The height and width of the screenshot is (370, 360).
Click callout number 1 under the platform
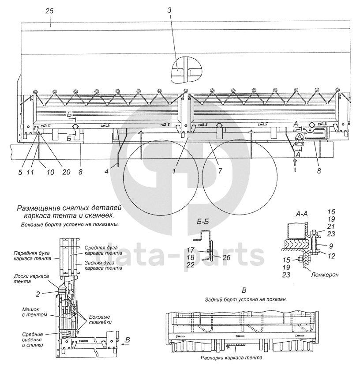tap(176, 169)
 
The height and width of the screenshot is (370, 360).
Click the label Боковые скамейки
tap(99, 320)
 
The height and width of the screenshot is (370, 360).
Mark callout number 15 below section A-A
tap(287, 260)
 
